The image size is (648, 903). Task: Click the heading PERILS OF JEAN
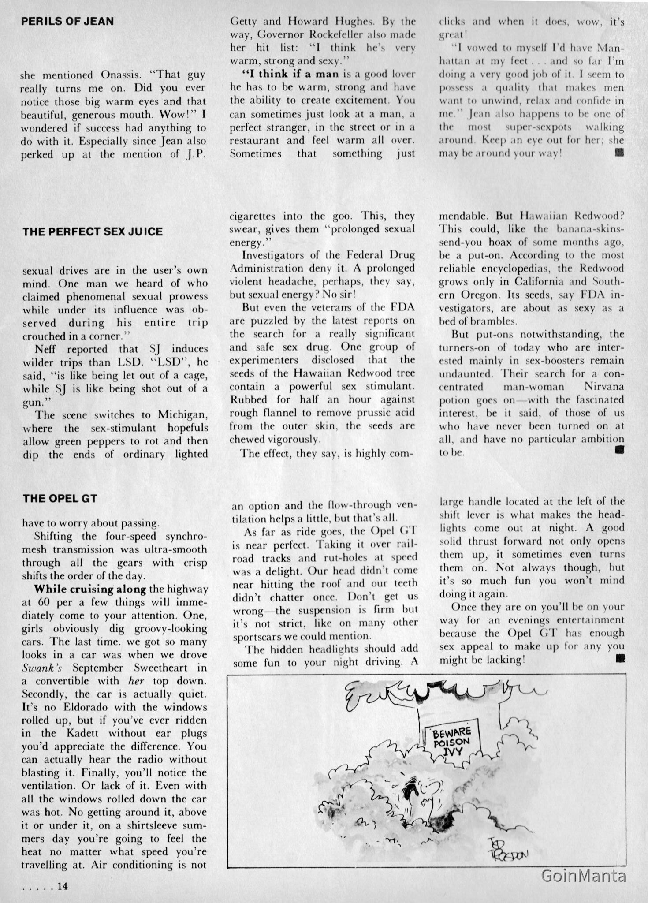coord(67,21)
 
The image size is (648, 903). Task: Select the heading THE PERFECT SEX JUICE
coord(93,231)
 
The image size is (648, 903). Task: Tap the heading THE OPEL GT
coord(60,498)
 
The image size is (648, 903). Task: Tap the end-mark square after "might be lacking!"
coord(621,660)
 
